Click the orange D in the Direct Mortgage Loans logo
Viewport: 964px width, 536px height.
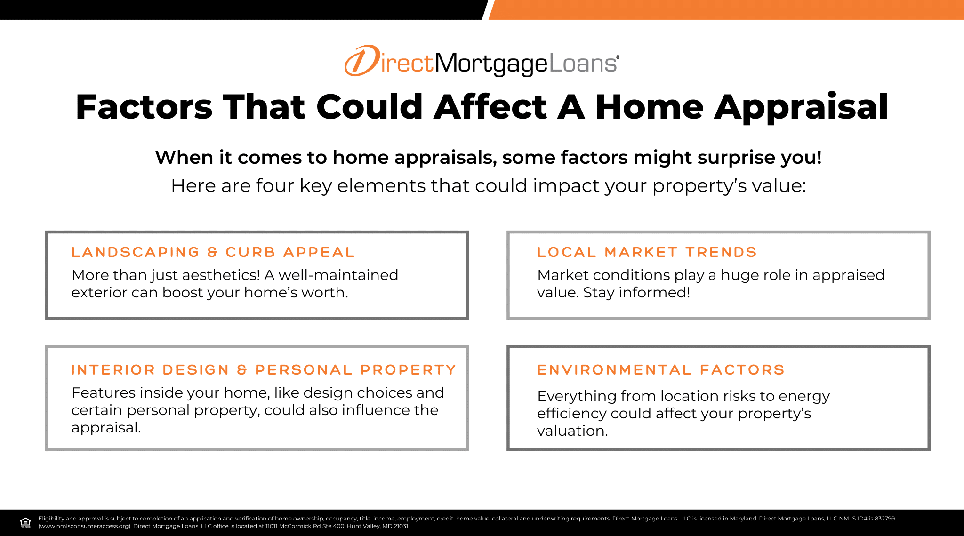coord(362,61)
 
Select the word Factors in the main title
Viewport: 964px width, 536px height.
coord(144,107)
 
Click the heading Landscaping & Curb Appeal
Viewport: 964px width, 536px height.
coord(213,252)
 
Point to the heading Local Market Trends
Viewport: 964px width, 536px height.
coord(647,252)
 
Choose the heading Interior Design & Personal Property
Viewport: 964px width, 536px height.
coord(264,370)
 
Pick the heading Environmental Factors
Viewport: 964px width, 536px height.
coord(661,370)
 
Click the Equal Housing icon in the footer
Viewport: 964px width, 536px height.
coord(25,522)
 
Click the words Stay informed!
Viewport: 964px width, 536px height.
coord(636,293)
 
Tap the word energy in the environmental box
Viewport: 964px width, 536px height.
coord(804,397)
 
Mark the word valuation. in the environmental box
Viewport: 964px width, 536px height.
coord(572,431)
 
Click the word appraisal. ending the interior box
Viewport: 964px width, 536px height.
coord(106,428)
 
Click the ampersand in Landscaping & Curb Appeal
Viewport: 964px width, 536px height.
coord(213,252)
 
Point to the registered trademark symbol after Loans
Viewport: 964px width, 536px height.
coord(618,57)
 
